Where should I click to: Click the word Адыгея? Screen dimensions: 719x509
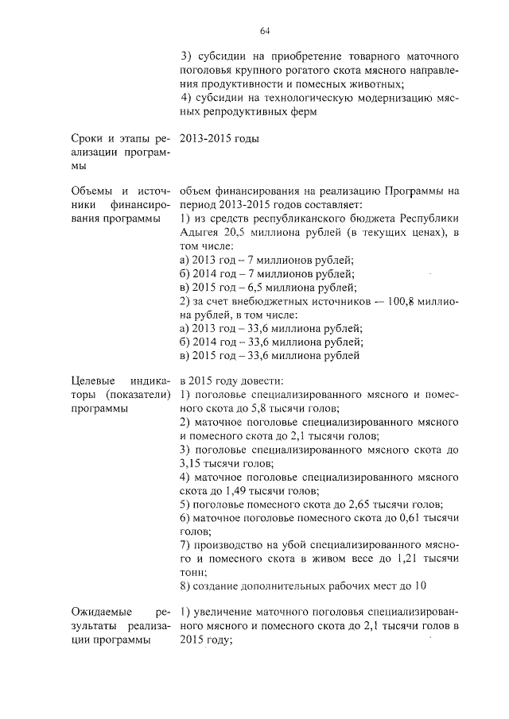pyautogui.click(x=200, y=231)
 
